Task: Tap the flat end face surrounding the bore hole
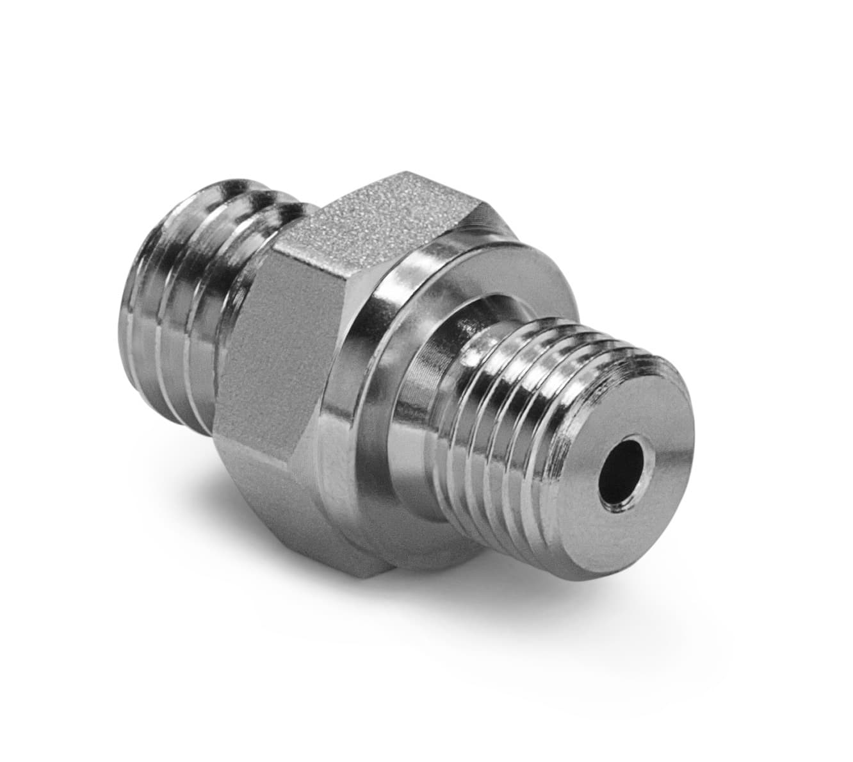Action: point(647,442)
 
